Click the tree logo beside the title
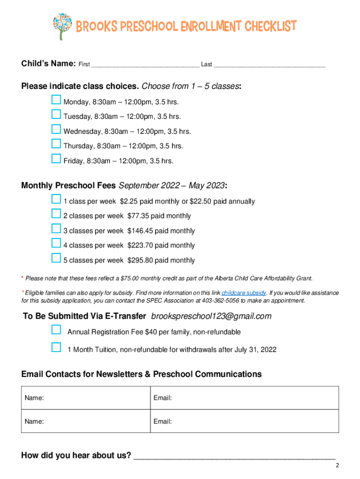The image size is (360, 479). click(62, 26)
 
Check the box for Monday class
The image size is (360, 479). click(56, 100)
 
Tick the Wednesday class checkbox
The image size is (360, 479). click(56, 130)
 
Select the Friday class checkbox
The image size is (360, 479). click(56, 159)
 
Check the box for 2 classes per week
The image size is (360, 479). click(56, 214)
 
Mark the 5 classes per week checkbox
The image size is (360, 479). click(56, 258)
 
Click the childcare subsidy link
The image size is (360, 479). click(244, 293)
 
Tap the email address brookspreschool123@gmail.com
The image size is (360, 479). click(211, 317)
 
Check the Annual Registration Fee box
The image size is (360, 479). click(56, 330)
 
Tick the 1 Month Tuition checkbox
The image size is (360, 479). click(56, 348)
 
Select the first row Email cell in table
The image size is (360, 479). click(243, 398)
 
